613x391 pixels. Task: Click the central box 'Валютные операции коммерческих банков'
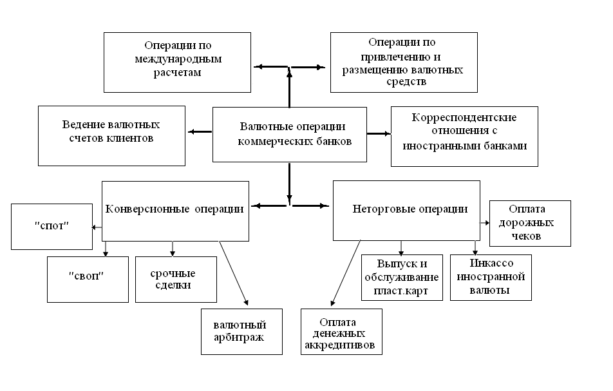(290, 134)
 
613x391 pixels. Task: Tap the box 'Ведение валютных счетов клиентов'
(111, 135)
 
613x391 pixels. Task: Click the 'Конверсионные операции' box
(175, 210)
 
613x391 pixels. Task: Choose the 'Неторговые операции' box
(406, 210)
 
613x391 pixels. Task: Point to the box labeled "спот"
(52, 227)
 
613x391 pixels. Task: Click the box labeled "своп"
(88, 278)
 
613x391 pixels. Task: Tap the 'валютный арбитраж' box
(241, 331)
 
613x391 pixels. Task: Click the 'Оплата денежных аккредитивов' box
(341, 331)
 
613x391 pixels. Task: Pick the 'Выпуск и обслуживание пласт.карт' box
(402, 277)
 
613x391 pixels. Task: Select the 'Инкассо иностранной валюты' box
(491, 277)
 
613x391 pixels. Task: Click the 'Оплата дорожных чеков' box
(529, 223)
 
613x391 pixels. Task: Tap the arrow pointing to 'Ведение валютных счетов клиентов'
(200, 132)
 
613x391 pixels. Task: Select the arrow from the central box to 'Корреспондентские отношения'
(379, 133)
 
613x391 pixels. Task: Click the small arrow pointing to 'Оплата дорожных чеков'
(484, 223)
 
